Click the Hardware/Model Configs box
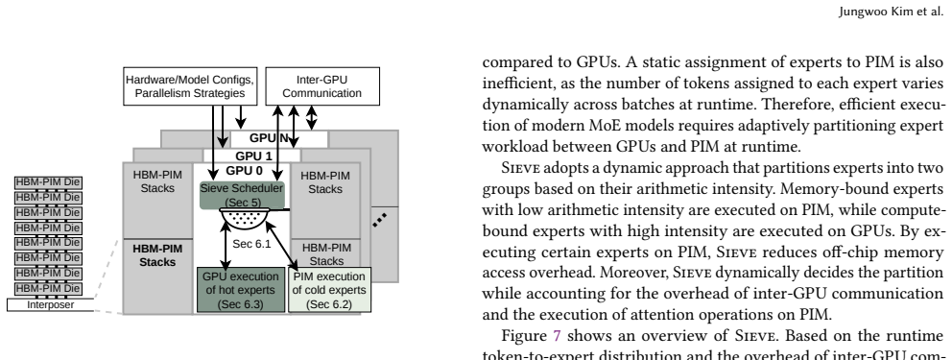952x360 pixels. tap(190, 86)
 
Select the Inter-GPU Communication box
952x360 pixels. tap(322, 86)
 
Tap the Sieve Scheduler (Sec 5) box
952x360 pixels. tap(242, 195)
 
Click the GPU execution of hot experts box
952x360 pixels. tap(241, 290)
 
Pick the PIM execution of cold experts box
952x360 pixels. tap(329, 290)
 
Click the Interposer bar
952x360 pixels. tap(51, 304)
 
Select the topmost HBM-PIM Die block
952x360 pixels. tap(48, 182)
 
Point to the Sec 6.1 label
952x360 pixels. tap(251, 244)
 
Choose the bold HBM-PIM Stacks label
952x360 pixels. tap(157, 255)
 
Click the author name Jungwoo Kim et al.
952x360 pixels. tap(892, 12)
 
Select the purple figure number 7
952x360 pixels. tap(557, 336)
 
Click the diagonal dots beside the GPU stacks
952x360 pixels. tap(379, 220)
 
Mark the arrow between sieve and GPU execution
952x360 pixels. tap(226, 246)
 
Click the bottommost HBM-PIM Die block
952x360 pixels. tap(48, 288)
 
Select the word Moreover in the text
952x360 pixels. tap(640, 273)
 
